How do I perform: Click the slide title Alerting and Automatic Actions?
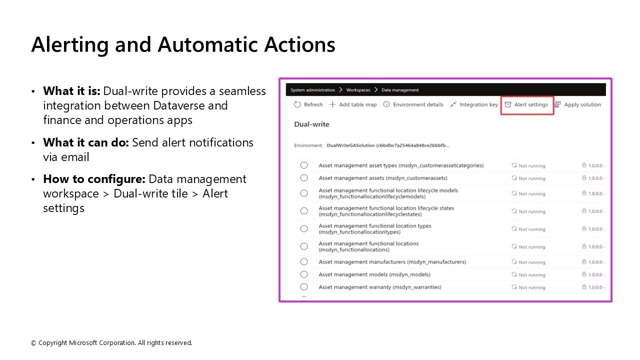(183, 44)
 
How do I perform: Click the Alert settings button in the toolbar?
(527, 104)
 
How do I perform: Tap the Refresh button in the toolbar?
(308, 104)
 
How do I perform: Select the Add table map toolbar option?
(353, 104)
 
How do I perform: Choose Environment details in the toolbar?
(413, 104)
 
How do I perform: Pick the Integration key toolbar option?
(474, 104)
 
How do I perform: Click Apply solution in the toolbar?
(578, 104)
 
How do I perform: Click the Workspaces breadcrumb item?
(358, 90)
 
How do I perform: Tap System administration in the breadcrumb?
(312, 90)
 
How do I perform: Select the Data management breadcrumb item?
(400, 90)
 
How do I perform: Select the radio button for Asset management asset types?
(304, 165)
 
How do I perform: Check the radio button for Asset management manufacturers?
(304, 261)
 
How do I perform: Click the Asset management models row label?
(374, 274)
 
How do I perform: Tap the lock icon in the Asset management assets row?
(583, 178)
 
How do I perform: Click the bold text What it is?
(72, 91)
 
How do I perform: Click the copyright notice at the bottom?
(111, 343)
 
